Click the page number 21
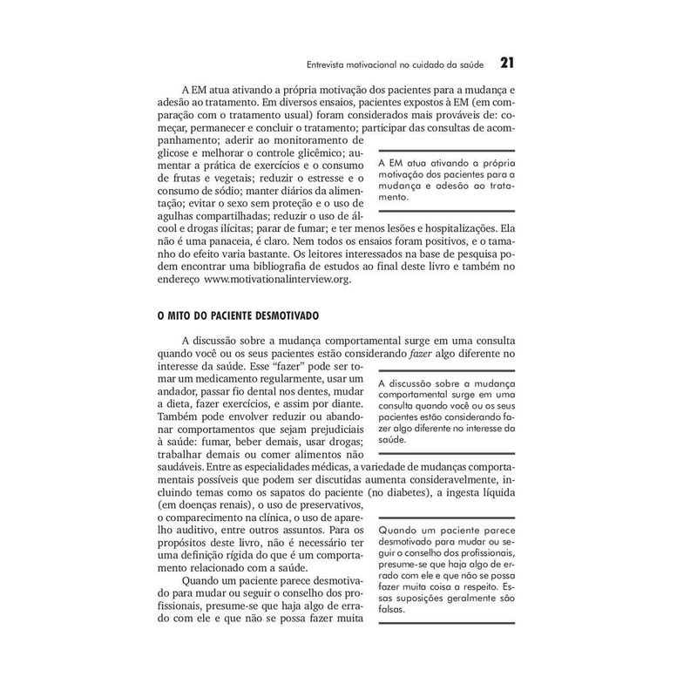click(x=507, y=63)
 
